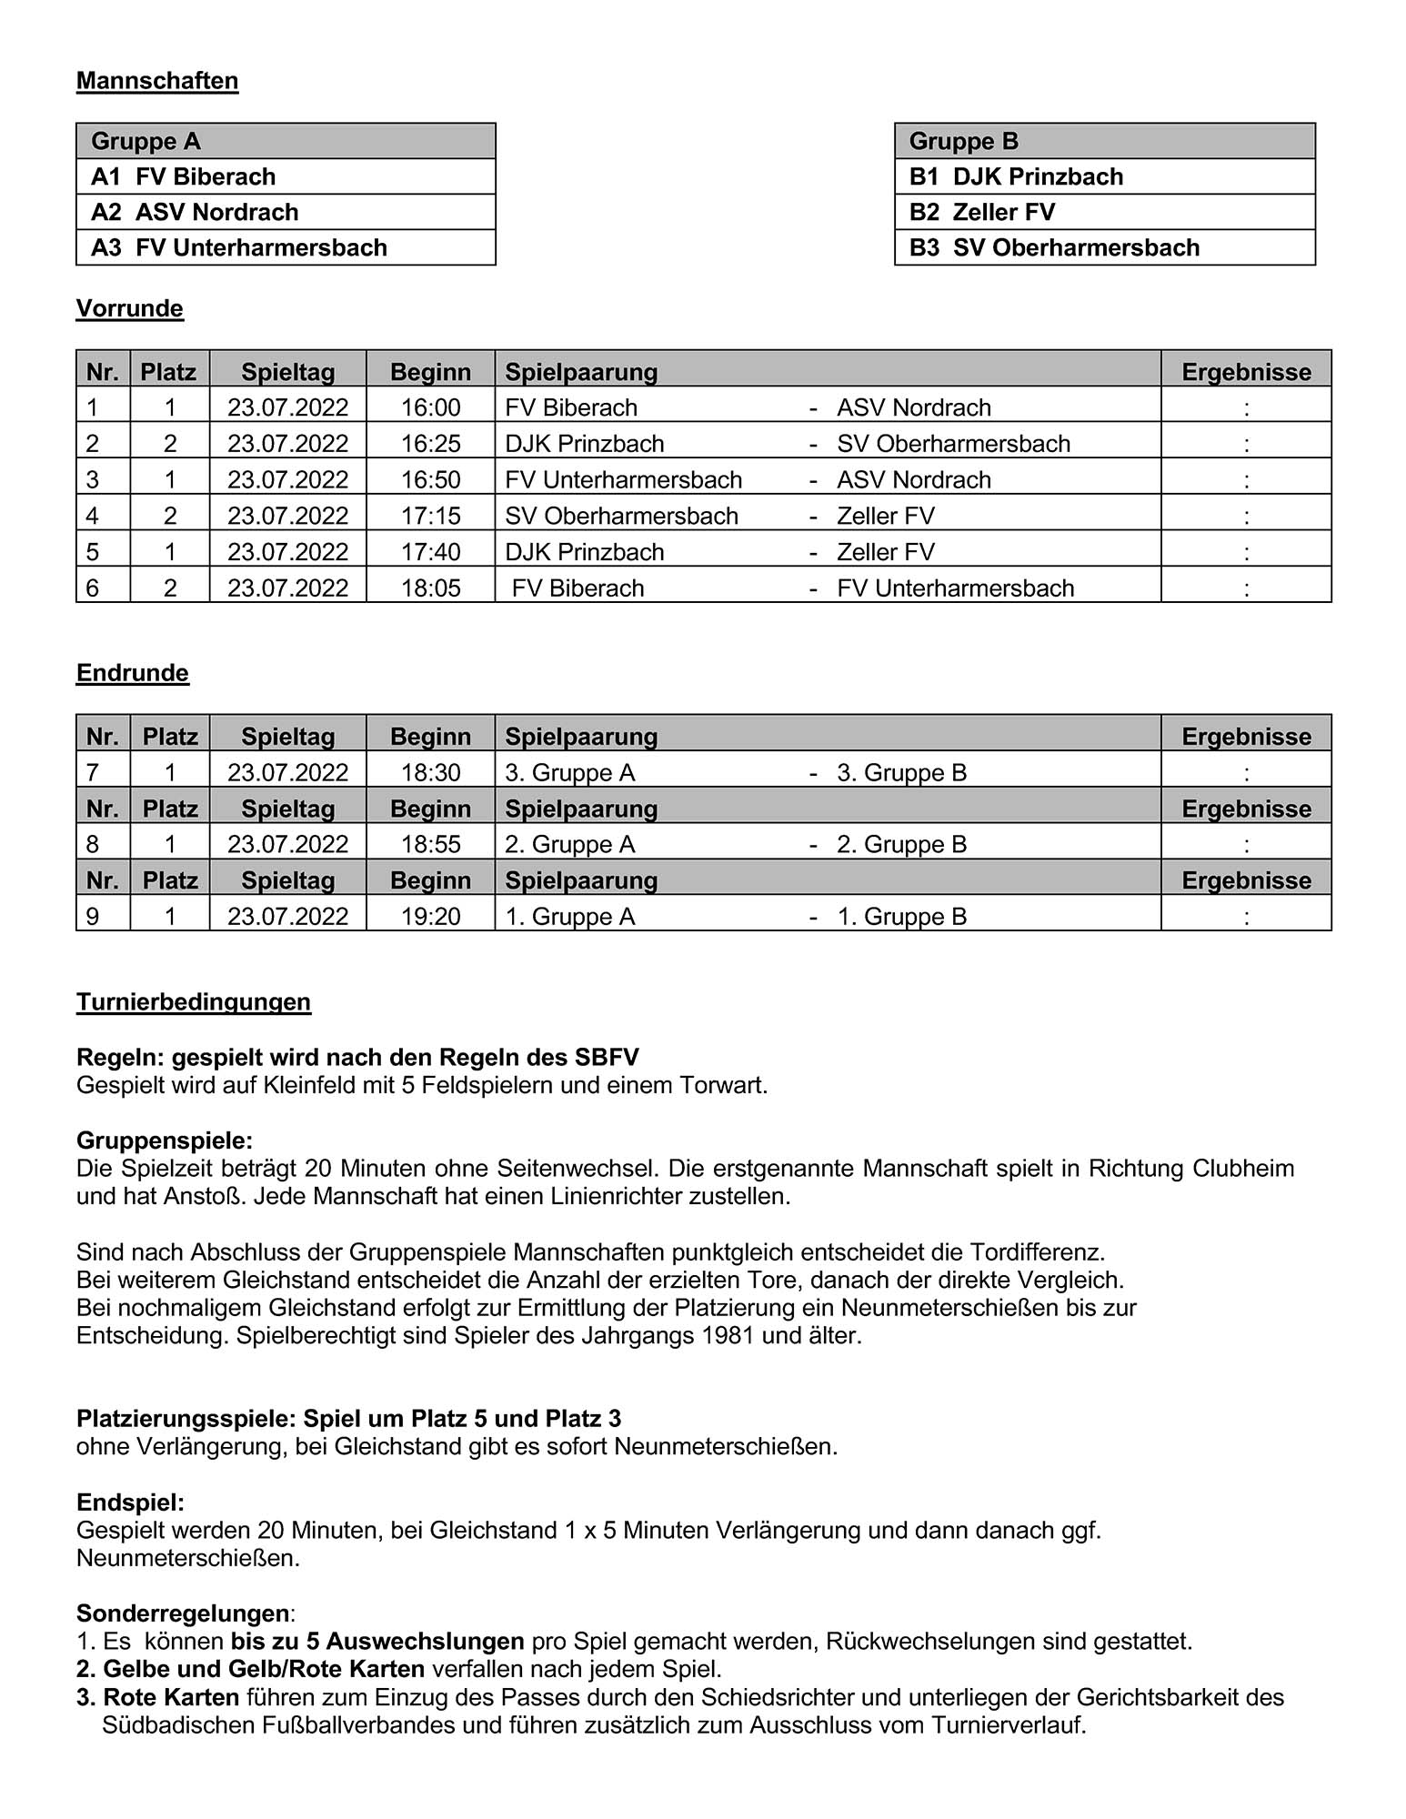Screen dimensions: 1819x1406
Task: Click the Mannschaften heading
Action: [x=157, y=81]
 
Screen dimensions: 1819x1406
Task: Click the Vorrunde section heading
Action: [x=130, y=308]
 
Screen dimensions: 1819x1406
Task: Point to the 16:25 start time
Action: [x=430, y=444]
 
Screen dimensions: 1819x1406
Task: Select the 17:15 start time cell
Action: [x=430, y=516]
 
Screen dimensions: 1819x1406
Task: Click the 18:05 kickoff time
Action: [x=430, y=588]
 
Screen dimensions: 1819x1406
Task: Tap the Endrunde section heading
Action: [x=133, y=673]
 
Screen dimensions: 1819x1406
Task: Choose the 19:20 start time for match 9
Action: [x=430, y=917]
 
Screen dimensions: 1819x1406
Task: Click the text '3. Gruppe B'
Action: [x=901, y=773]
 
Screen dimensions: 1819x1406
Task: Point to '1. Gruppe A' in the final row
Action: [x=570, y=917]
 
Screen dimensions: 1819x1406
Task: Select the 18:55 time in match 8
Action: [x=430, y=845]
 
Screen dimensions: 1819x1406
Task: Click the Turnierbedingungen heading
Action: [x=194, y=1002]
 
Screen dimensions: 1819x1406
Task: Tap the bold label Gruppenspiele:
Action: [x=165, y=1141]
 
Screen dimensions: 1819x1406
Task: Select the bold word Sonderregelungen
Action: [x=183, y=1613]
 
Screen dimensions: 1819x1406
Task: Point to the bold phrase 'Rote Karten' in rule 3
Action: [x=171, y=1697]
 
